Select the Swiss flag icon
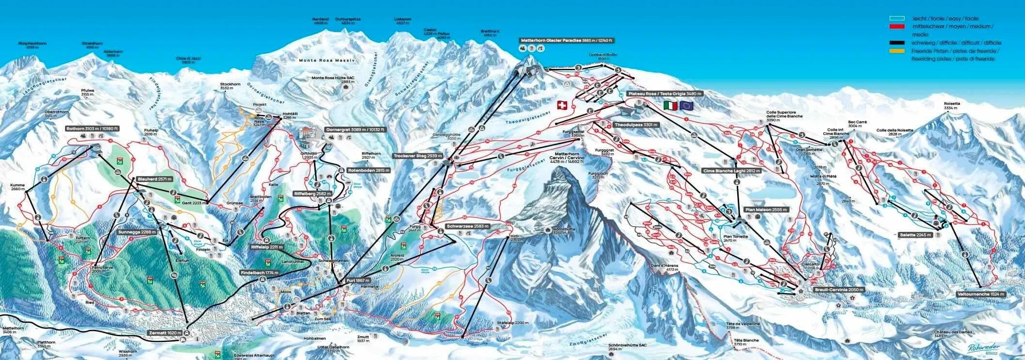(562, 105)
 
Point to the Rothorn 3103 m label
(93, 129)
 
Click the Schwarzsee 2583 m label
(468, 227)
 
